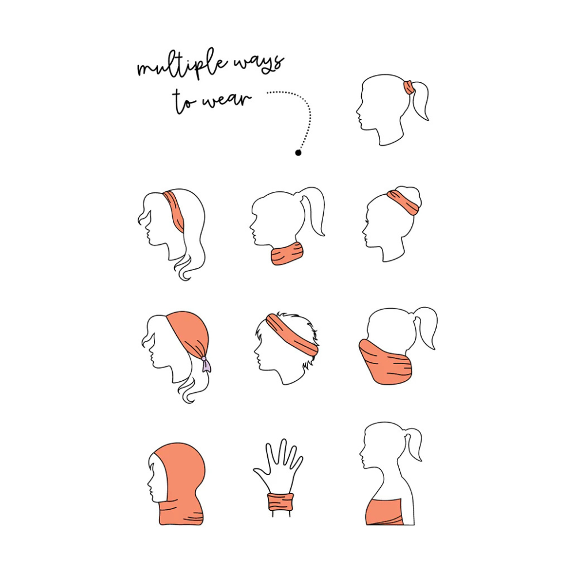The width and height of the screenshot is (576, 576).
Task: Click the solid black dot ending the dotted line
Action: [x=298, y=153]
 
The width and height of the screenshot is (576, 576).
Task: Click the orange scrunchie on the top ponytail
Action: [x=408, y=87]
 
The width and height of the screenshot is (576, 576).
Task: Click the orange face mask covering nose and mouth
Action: [x=384, y=362]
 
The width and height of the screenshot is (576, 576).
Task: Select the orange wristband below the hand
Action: [x=281, y=502]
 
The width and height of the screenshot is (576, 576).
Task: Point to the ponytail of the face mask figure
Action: [x=426, y=327]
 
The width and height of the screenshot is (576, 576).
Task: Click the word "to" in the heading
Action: [x=183, y=100]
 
